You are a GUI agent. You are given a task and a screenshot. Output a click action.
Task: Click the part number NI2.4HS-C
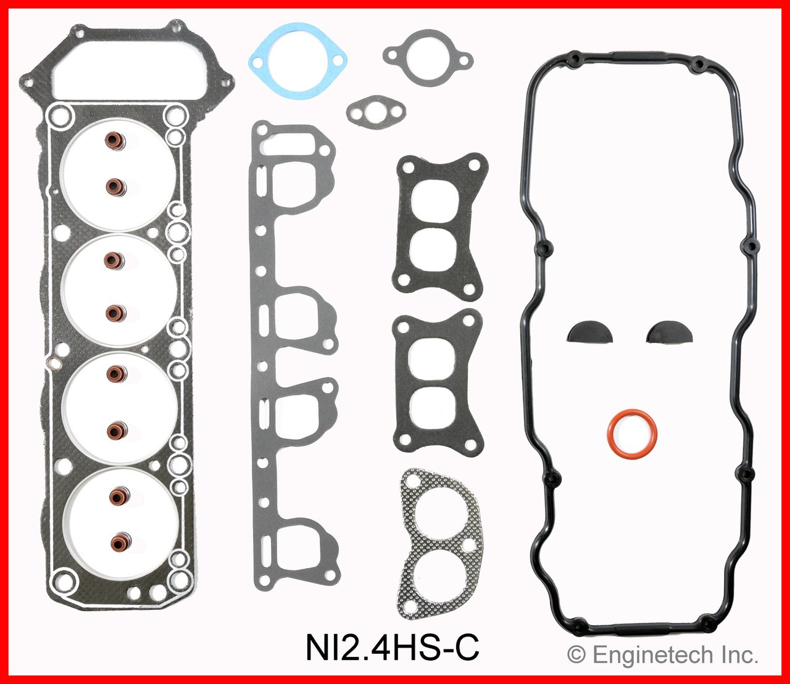coord(393,649)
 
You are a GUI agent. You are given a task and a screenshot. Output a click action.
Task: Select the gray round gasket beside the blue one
coord(427,58)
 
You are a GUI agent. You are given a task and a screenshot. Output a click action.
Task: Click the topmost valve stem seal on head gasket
coord(114,141)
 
